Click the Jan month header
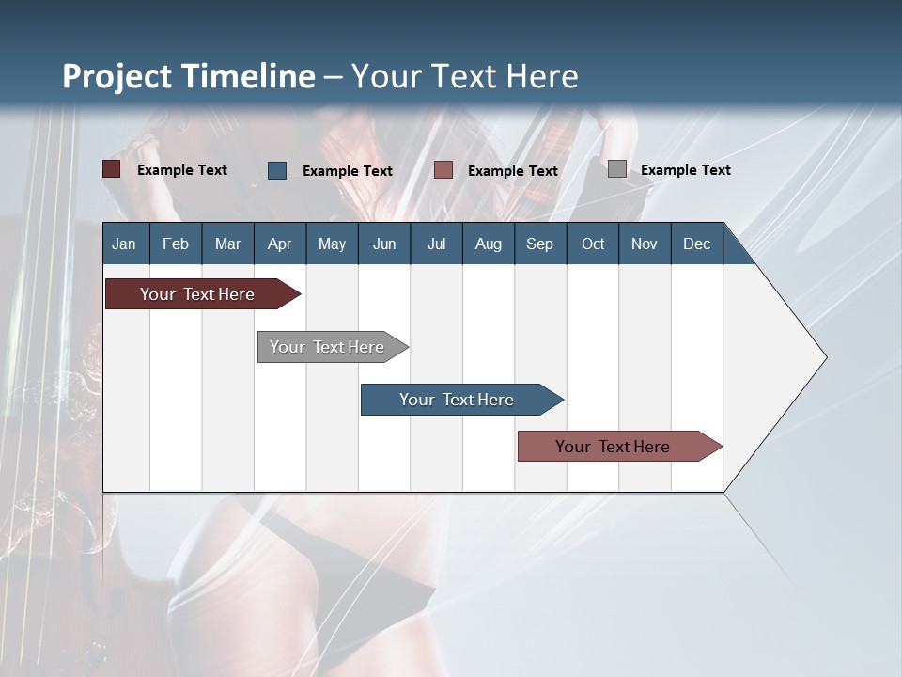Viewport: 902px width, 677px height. [x=124, y=244]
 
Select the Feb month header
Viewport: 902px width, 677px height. [x=176, y=244]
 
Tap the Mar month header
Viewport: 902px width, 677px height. [x=227, y=244]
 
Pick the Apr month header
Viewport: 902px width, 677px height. [x=280, y=244]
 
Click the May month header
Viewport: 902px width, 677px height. [x=332, y=244]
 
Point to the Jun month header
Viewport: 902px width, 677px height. [x=384, y=244]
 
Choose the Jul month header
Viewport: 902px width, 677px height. [x=436, y=244]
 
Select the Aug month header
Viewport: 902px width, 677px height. [x=489, y=244]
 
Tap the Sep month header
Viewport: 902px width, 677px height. [x=540, y=244]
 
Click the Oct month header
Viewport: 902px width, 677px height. [x=593, y=244]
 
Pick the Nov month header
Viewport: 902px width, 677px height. [x=645, y=244]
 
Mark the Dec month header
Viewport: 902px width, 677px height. [x=697, y=244]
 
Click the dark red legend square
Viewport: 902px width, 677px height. [x=112, y=169]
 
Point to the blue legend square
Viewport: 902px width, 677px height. [x=277, y=170]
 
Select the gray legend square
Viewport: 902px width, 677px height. [x=617, y=169]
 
